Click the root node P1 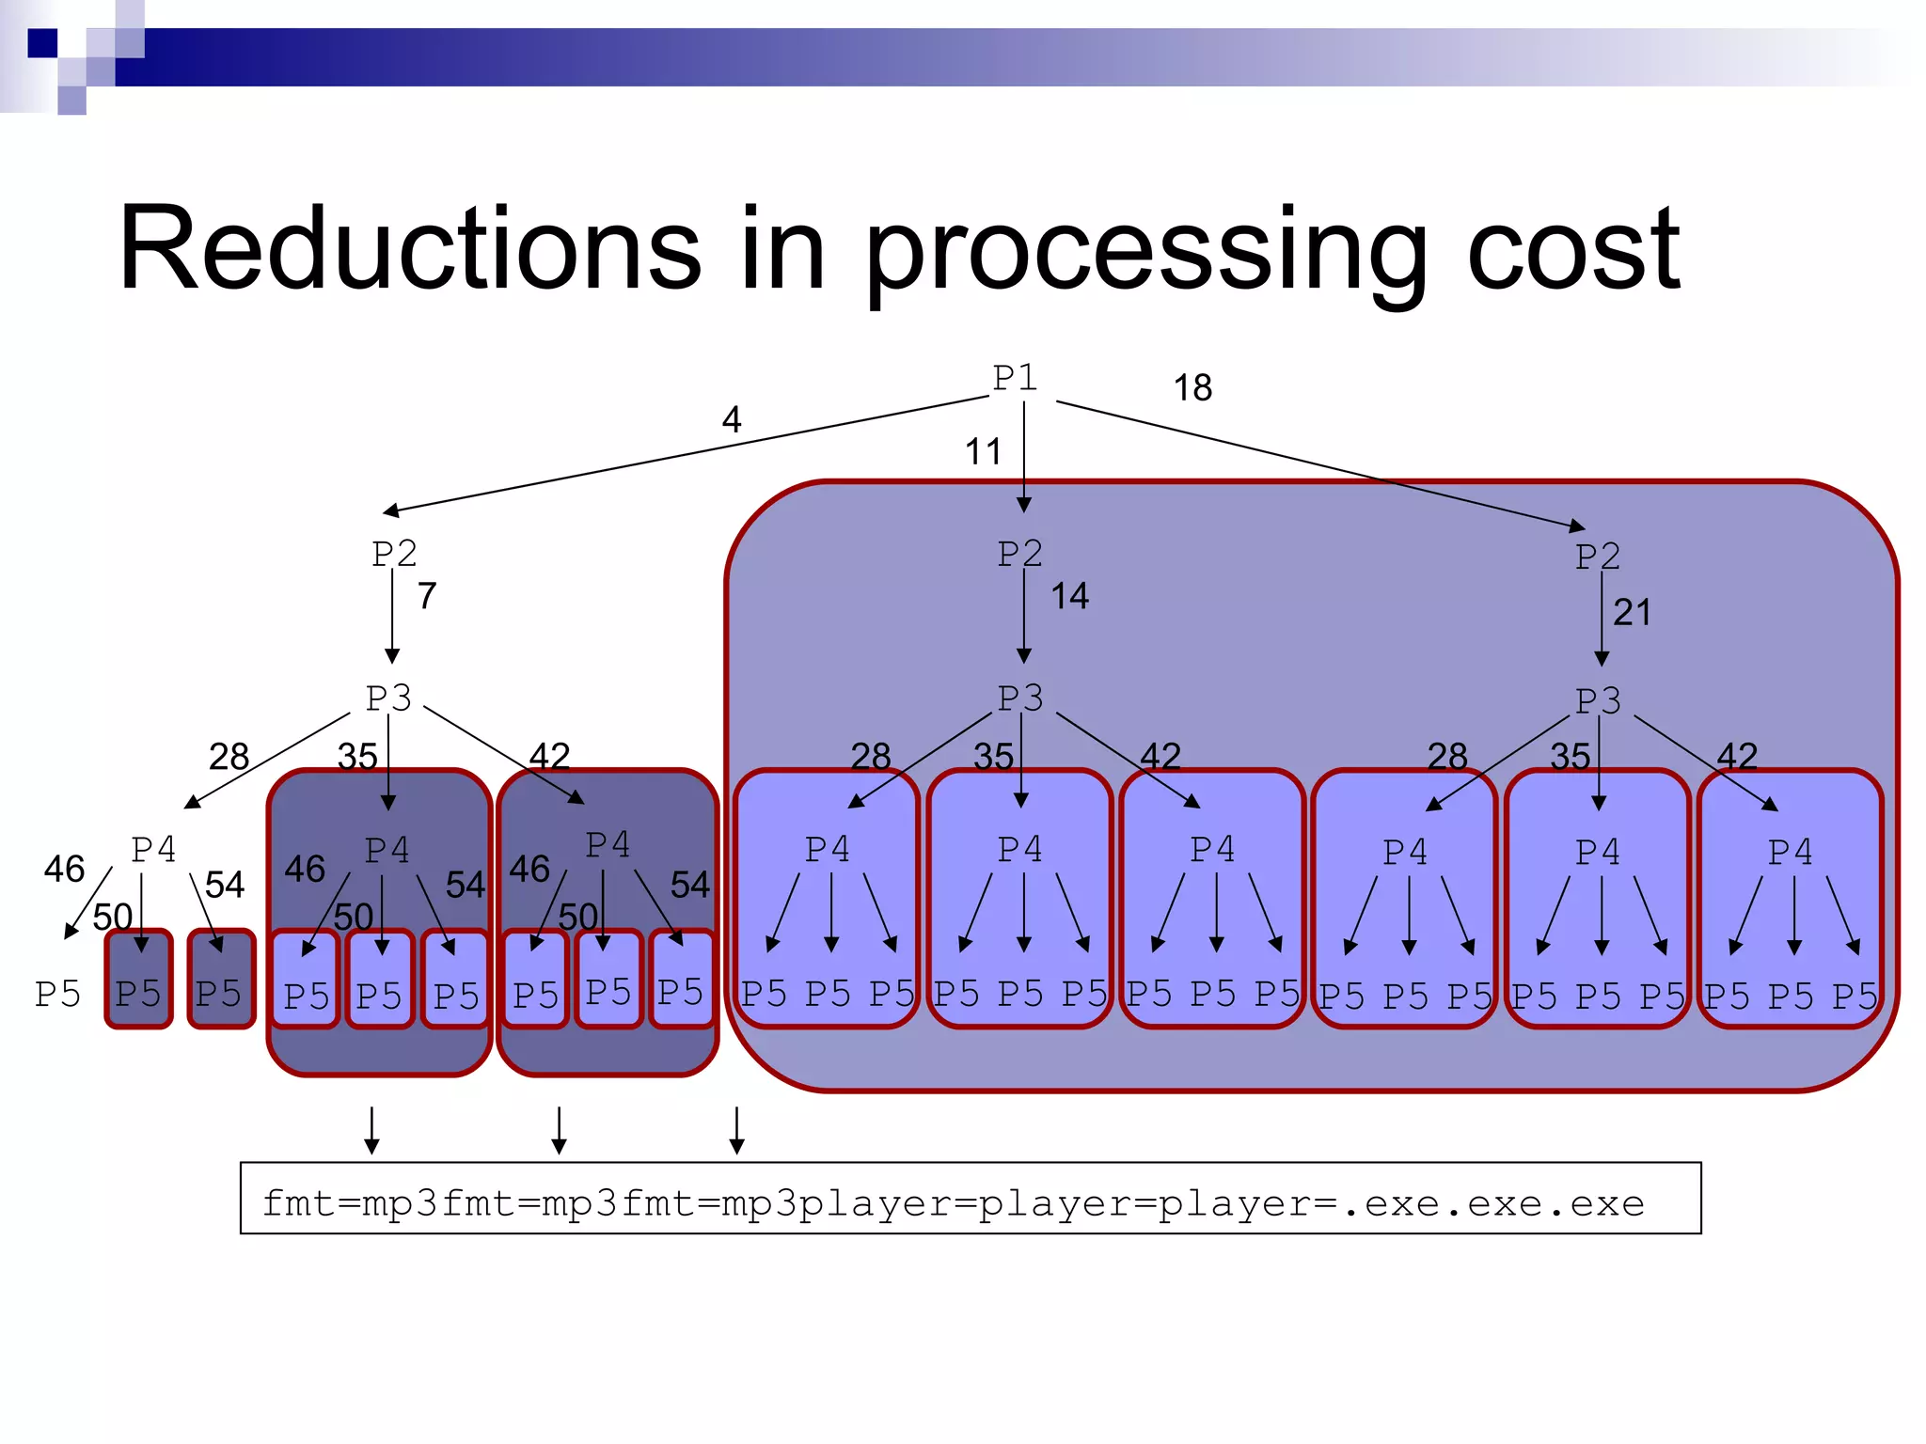(1015, 378)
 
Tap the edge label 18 (1192, 388)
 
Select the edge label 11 (983, 452)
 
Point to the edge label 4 (732, 419)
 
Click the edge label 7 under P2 (427, 596)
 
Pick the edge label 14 (1069, 596)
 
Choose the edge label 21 (1632, 613)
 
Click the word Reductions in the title (410, 249)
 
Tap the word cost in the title (1572, 249)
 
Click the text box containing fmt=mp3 (971, 1199)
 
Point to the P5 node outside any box (57, 994)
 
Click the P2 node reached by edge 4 (394, 554)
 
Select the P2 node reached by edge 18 (1598, 557)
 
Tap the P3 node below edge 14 (1020, 698)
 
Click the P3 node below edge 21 (1598, 701)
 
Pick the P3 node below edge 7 (388, 698)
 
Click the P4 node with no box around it (153, 850)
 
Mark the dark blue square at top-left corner (42, 43)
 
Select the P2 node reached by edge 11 (1020, 554)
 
